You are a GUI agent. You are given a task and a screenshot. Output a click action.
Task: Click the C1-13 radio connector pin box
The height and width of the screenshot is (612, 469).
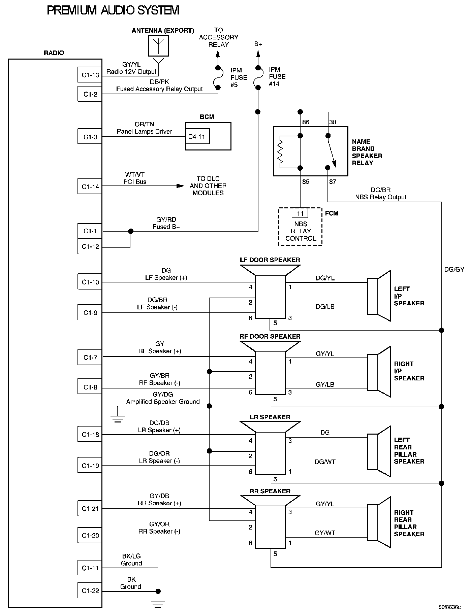tap(90, 75)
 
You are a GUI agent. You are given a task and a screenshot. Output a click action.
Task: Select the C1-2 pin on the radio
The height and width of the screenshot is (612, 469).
tap(90, 94)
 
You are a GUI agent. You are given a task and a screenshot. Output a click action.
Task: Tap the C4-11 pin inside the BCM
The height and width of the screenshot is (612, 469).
tap(197, 137)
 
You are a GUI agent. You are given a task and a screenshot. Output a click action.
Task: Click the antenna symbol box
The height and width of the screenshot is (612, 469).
tap(158, 45)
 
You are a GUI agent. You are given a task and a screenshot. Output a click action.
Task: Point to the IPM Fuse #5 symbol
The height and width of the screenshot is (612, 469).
tap(218, 78)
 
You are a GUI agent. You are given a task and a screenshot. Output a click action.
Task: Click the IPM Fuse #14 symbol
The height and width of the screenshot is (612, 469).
tap(258, 78)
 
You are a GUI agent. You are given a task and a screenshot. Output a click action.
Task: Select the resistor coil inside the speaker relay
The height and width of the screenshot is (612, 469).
tap(279, 151)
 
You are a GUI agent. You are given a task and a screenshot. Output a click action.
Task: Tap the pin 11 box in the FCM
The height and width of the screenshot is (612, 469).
tap(300, 213)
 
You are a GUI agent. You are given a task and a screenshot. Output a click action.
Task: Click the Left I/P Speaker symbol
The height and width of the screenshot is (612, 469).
tap(379, 296)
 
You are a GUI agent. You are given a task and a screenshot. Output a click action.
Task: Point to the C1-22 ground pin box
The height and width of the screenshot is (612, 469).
tap(90, 590)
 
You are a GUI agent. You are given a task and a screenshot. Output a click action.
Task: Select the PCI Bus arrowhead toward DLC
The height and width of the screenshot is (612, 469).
tap(180, 186)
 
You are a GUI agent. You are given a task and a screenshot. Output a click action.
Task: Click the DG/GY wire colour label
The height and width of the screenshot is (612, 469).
tap(454, 269)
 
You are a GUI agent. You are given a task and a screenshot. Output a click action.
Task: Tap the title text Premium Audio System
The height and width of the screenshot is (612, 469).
tap(113, 11)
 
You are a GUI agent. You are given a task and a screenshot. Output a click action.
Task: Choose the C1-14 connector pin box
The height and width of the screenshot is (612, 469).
tap(90, 186)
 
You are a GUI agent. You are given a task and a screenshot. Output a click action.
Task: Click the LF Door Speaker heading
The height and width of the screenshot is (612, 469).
tap(270, 260)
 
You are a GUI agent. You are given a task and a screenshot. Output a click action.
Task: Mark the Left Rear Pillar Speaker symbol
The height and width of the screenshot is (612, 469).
tap(379, 451)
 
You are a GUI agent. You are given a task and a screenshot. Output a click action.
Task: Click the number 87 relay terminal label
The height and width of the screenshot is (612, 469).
tap(333, 182)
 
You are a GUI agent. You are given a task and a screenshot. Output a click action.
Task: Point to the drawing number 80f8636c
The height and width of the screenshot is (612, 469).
tap(449, 607)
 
